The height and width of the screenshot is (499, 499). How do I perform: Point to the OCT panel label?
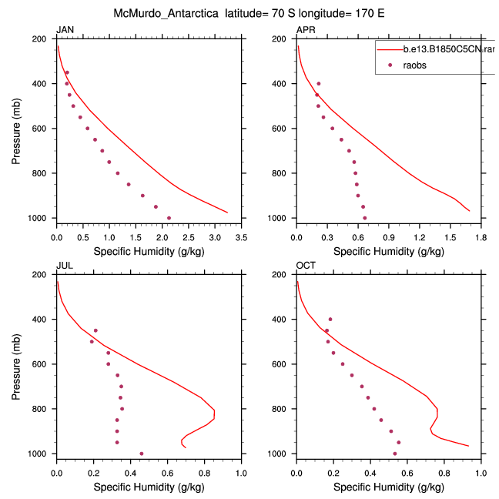pos(305,266)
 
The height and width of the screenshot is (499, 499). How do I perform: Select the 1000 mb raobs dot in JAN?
pos(169,218)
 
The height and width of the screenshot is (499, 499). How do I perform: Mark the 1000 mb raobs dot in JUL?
pos(141,454)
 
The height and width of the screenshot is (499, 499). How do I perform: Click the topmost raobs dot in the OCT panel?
pos(330,319)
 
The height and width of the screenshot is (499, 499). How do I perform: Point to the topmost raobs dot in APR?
pos(319,83)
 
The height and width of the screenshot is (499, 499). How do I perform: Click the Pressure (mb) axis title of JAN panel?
pos(17,129)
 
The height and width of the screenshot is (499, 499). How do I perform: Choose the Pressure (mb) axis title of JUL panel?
pos(17,364)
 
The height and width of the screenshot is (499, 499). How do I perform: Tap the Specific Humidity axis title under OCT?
pos(388,487)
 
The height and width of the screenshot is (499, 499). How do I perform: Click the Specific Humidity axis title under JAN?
pos(148,252)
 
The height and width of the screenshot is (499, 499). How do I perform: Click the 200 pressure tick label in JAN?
pos(43,39)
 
